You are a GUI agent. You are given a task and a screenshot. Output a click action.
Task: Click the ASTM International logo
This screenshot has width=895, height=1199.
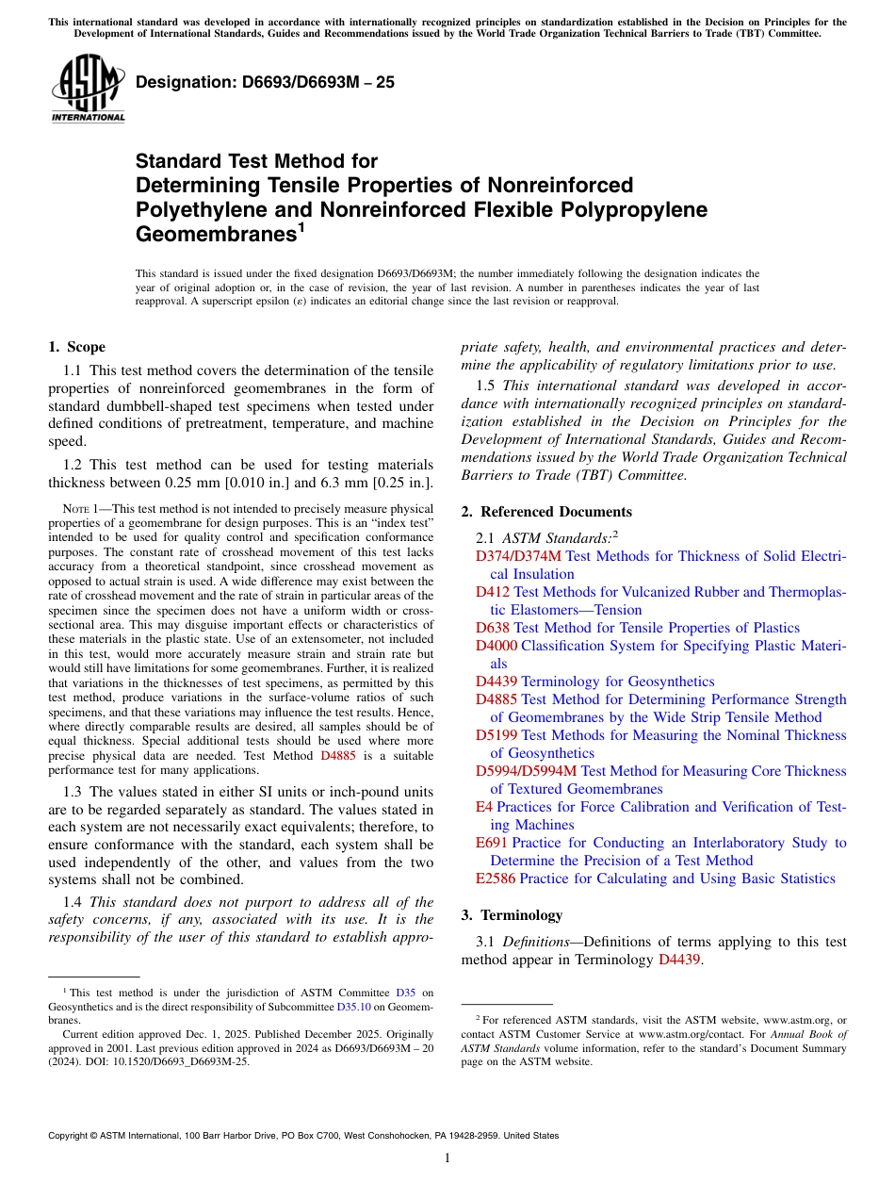88,89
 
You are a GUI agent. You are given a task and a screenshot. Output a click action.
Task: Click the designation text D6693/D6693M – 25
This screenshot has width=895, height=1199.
265,83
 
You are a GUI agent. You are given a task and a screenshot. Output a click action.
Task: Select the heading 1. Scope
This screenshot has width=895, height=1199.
76,347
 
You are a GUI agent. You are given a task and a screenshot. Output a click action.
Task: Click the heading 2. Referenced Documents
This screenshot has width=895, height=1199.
546,512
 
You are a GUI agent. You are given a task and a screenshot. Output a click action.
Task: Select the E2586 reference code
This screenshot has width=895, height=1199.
496,879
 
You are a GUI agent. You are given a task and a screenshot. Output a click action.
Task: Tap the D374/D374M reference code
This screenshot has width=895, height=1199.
518,556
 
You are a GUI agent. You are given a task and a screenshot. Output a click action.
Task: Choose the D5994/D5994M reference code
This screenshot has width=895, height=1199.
526,771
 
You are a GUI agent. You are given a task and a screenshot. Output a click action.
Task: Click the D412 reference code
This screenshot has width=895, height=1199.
493,592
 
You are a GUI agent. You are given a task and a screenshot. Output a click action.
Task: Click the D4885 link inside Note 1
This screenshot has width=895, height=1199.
338,756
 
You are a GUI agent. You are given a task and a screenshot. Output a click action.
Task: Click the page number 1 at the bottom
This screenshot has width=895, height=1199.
447,1158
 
